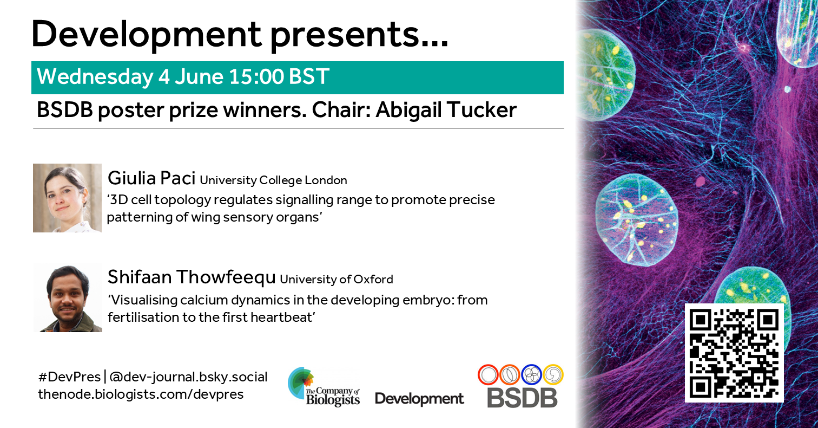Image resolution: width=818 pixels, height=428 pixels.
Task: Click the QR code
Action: point(734,353)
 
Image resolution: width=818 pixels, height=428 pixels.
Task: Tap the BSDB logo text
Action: point(522,398)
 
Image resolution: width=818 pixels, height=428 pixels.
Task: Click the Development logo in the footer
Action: point(419,399)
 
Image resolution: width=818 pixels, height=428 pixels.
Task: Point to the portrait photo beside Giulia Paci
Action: point(67,198)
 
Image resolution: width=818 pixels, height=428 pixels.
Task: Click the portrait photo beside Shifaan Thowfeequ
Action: point(68,298)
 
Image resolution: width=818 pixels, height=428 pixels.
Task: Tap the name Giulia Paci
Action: point(151,178)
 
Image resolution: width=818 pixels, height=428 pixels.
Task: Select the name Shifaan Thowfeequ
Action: point(192,277)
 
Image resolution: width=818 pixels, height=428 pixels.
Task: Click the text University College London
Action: point(273,180)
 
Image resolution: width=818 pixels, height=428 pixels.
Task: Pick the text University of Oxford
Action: point(337,280)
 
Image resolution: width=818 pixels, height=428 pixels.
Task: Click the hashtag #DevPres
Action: point(69,377)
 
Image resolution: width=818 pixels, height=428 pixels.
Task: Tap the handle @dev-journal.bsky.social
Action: point(188,377)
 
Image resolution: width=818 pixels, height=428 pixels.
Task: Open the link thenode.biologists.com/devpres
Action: point(141,394)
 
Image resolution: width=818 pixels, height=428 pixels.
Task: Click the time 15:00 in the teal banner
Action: point(256,76)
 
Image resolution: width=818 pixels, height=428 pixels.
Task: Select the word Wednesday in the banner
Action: point(95,77)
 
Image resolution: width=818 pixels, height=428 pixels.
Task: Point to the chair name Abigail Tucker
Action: point(446,110)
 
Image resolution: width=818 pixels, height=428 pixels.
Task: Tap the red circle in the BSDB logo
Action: point(488,374)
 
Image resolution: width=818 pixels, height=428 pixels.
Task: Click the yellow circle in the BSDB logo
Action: point(553,374)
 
